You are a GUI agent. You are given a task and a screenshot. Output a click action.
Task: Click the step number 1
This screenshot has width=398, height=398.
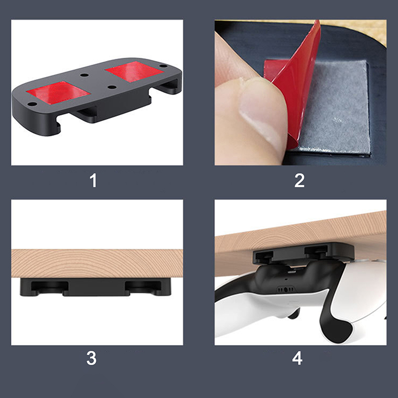click(94, 181)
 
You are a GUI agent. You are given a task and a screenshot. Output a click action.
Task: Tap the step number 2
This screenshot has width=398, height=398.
click(299, 181)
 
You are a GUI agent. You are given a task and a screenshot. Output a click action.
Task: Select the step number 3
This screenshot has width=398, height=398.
click(92, 358)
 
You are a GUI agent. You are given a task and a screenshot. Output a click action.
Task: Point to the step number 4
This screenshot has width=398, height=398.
click(297, 358)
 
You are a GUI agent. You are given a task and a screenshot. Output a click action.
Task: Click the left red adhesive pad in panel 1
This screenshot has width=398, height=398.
click(58, 93)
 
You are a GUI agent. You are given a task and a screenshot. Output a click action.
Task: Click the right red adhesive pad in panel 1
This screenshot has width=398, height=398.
click(134, 72)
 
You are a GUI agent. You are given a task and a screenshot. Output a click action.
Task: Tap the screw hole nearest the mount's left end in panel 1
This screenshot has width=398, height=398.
click(32, 104)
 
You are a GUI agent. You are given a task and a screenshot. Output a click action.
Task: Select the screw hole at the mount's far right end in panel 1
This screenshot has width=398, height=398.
click(163, 66)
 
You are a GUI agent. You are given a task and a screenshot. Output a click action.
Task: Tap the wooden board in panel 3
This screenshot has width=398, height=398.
click(97, 264)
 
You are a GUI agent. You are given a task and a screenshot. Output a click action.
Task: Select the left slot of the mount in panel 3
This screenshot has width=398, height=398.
click(49, 287)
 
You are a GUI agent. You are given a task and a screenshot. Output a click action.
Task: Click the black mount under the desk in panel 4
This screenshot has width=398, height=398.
click(303, 253)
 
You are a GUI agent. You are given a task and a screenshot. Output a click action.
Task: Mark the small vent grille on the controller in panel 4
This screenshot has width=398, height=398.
click(286, 290)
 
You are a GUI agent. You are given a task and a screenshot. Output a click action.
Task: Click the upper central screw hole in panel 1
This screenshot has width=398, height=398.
click(84, 75)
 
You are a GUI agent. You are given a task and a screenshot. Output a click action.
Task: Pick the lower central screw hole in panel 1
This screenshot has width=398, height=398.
click(112, 87)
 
